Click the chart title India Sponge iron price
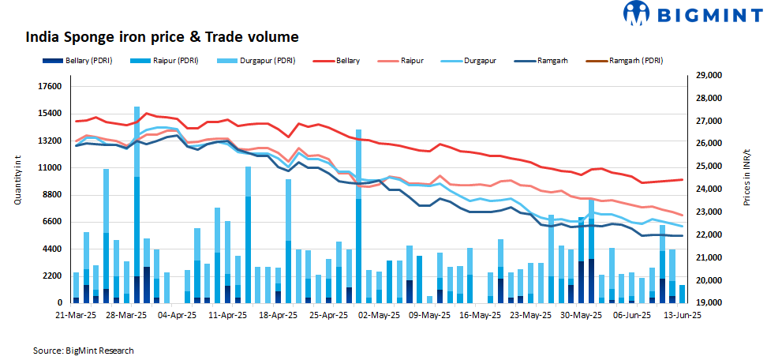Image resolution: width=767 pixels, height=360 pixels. coord(162,37)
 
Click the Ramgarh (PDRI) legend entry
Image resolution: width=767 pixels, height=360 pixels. coord(635,61)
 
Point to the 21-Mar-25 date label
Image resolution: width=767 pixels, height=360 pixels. coord(77,314)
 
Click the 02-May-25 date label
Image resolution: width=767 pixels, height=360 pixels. coord(380,314)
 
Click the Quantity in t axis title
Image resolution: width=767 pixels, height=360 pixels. coord(17,181)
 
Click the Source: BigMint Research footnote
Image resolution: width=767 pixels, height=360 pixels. coord(84,350)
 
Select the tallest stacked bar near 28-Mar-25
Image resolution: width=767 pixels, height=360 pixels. coord(137,205)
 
